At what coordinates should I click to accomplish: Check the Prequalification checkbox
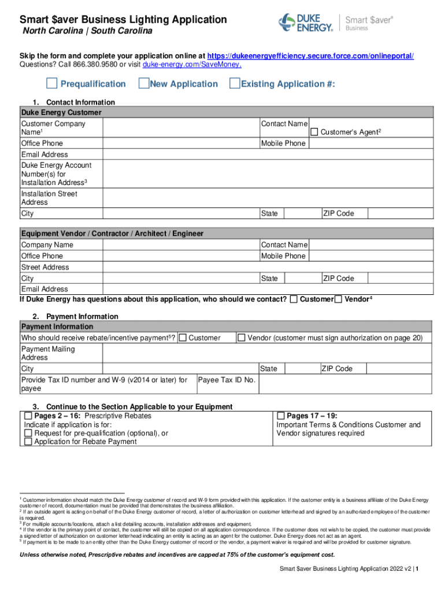(x=52, y=84)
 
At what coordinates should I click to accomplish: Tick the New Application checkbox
(x=144, y=84)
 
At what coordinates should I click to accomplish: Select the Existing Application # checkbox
(x=235, y=84)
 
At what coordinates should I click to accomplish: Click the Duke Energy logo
(x=306, y=23)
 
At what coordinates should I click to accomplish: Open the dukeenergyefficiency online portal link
(x=310, y=56)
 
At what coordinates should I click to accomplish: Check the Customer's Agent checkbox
(x=314, y=132)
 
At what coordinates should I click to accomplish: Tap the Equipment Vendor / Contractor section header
(x=113, y=234)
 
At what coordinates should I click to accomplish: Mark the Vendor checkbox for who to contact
(x=339, y=299)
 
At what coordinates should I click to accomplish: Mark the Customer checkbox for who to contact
(x=294, y=299)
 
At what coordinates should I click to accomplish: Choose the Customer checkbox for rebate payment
(x=183, y=338)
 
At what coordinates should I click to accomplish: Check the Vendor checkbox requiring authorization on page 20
(x=242, y=338)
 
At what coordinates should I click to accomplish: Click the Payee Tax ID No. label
(x=227, y=380)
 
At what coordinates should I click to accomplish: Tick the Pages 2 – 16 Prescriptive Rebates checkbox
(x=28, y=416)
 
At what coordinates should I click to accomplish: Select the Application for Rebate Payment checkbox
(x=28, y=442)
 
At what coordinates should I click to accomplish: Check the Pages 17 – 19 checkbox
(x=281, y=416)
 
